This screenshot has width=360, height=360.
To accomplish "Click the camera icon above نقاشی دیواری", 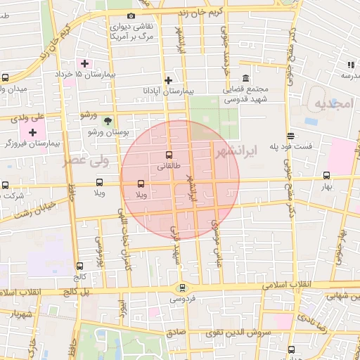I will [131, 15].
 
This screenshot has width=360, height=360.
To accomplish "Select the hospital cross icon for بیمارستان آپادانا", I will [168, 80].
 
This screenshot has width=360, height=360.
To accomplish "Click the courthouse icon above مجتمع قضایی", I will [245, 78].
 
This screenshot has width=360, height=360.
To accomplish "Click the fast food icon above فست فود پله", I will [290, 136].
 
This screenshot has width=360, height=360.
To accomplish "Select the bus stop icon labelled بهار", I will [326, 176].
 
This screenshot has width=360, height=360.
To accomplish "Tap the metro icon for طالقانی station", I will [168, 155].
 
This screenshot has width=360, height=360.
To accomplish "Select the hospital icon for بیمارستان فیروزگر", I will [32, 132].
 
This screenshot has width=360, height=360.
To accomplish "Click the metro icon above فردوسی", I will [183, 287].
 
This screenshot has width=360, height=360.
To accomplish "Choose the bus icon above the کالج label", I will [79, 266].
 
